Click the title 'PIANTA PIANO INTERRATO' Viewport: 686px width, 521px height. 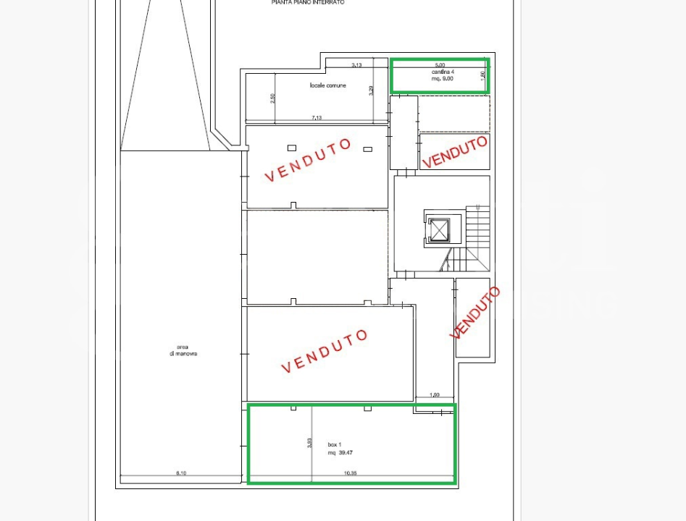tap(308, 3)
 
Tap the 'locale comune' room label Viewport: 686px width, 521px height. tap(327, 85)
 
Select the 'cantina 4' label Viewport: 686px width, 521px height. tap(443, 72)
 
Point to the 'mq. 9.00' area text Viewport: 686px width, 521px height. tap(442, 78)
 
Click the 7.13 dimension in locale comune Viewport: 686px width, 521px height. tap(317, 117)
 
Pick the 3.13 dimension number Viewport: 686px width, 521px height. tap(356, 65)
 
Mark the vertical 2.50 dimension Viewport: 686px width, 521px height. tap(272, 98)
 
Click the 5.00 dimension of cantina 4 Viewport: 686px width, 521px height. tap(440, 65)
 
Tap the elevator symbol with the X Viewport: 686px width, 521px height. tap(439, 230)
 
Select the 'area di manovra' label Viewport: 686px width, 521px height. tap(180, 350)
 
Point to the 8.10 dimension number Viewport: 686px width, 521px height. tap(180, 473)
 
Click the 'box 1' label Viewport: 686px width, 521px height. tap(334, 444)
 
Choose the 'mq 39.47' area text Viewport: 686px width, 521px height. tap(340, 453)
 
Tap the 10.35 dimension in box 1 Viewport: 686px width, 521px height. tap(351, 473)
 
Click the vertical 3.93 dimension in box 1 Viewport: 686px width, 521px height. tap(309, 442)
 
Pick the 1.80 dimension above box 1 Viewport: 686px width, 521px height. tap(435, 394)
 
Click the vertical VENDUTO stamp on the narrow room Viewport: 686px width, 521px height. tap(474, 313)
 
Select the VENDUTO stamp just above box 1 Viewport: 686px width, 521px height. tap(325, 350)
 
